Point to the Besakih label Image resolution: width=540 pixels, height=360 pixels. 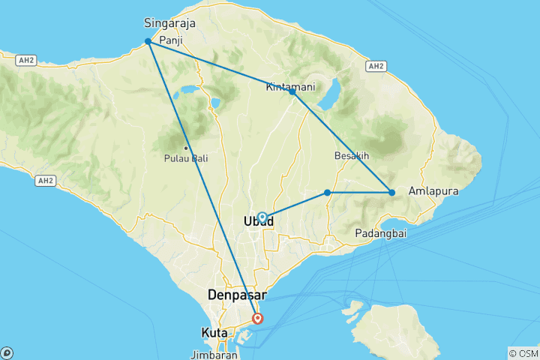tap(352, 156)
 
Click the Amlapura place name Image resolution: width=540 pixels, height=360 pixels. tap(432, 192)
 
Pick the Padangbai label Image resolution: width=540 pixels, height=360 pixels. tap(382, 233)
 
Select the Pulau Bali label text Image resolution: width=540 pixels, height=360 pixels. tap(186, 159)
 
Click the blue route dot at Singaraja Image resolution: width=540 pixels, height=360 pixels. tap(148, 42)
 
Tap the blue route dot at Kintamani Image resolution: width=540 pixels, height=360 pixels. tap(292, 92)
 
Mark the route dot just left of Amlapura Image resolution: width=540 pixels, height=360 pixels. tap(392, 193)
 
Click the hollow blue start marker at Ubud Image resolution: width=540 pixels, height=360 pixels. tap(262, 217)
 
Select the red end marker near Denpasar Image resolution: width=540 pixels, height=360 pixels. tap(258, 319)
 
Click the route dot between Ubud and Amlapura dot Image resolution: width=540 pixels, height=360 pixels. tap(328, 193)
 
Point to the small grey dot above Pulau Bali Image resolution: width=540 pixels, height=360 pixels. tap(186, 147)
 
